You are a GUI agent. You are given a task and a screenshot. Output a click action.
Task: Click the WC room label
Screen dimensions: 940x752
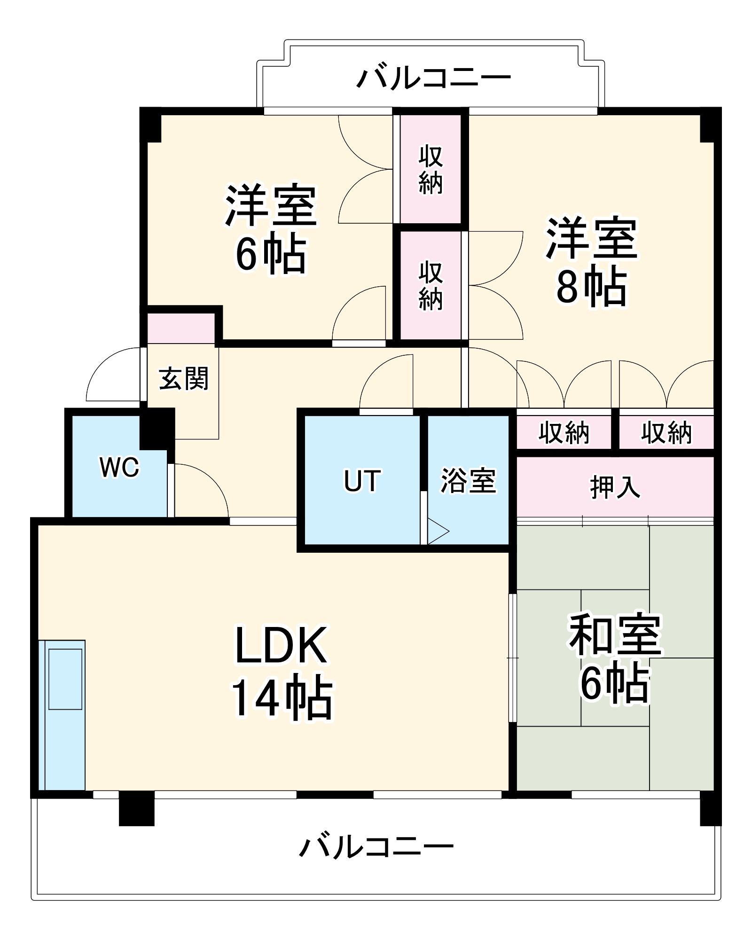coord(119,467)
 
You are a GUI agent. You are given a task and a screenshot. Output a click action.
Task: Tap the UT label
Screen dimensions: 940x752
coord(362,481)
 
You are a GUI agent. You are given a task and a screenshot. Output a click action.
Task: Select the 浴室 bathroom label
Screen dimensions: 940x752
coord(468,481)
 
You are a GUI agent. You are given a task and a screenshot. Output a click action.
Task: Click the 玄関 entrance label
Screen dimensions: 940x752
coord(183,378)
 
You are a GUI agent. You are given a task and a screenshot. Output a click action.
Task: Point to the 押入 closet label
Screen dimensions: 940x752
coord(615,487)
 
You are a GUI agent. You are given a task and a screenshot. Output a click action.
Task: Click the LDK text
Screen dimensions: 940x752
coord(281,646)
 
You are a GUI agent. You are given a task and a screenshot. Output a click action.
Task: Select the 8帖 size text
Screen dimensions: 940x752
coord(591,286)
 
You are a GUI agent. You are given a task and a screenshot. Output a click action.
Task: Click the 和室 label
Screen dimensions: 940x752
coord(615,634)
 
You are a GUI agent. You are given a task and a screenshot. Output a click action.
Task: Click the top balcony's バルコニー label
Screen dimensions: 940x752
coord(433,78)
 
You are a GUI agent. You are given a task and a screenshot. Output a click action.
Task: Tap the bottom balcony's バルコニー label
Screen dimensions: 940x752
coord(376,846)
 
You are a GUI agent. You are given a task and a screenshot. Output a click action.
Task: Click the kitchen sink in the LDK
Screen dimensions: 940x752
coord(65,679)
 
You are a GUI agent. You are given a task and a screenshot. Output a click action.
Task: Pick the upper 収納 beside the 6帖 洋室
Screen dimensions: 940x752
coord(431,169)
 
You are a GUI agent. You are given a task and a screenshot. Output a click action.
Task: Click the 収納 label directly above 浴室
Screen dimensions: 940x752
coord(564,432)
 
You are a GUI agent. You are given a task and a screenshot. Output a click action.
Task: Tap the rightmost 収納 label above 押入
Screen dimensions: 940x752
coord(666,432)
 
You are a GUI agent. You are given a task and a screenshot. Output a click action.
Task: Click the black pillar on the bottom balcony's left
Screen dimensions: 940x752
coord(136,808)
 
